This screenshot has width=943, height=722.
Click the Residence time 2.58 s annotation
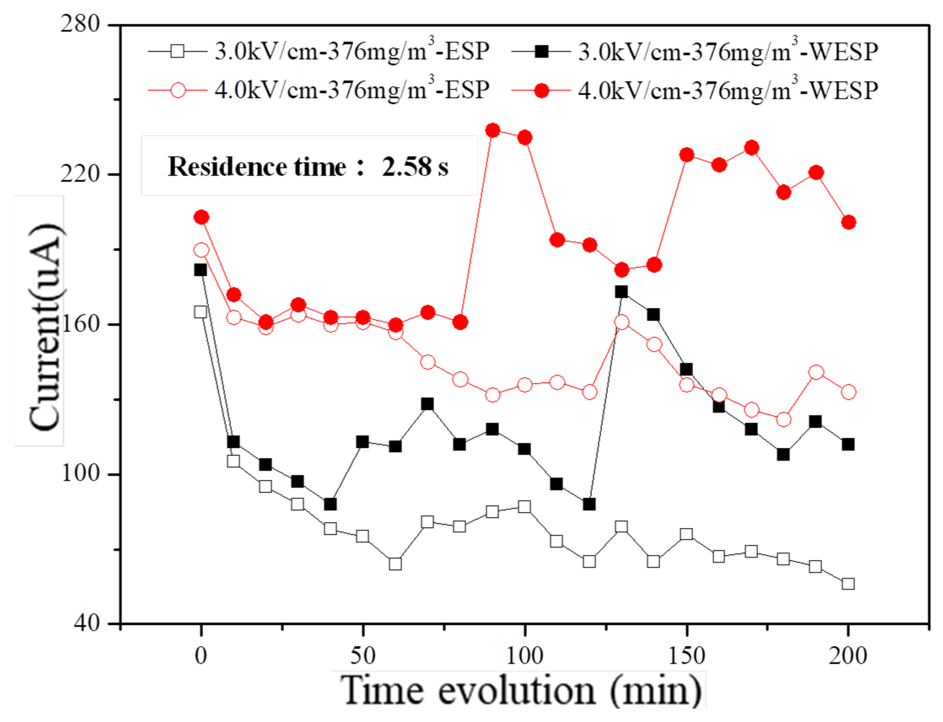(x=308, y=167)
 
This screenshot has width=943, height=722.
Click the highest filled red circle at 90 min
(x=492, y=130)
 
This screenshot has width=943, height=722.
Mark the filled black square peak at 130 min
(x=621, y=292)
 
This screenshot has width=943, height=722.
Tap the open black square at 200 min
(x=848, y=584)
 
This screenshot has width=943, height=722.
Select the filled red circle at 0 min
(x=201, y=217)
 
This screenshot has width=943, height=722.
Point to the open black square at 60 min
(x=395, y=564)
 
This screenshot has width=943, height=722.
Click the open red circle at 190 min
(x=816, y=372)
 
